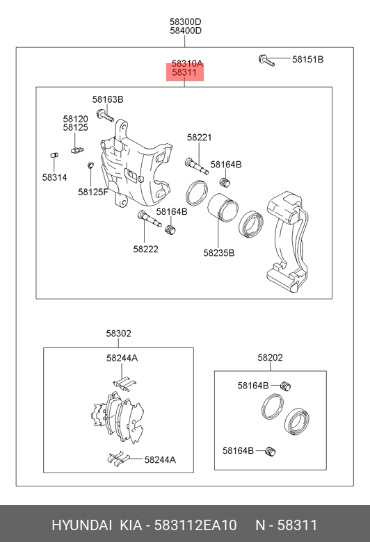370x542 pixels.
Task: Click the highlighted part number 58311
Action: point(184,72)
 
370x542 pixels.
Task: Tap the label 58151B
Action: point(307,59)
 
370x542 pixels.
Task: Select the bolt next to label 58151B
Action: point(266,60)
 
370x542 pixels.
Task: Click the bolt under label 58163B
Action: point(106,115)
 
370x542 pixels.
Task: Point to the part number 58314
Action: point(55,177)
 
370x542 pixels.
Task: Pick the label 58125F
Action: point(93,192)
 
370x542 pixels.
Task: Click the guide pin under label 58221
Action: point(197,166)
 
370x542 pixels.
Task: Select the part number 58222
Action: point(146,249)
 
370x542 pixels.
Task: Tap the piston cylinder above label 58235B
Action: point(223,207)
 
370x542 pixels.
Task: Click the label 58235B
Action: point(219,253)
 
